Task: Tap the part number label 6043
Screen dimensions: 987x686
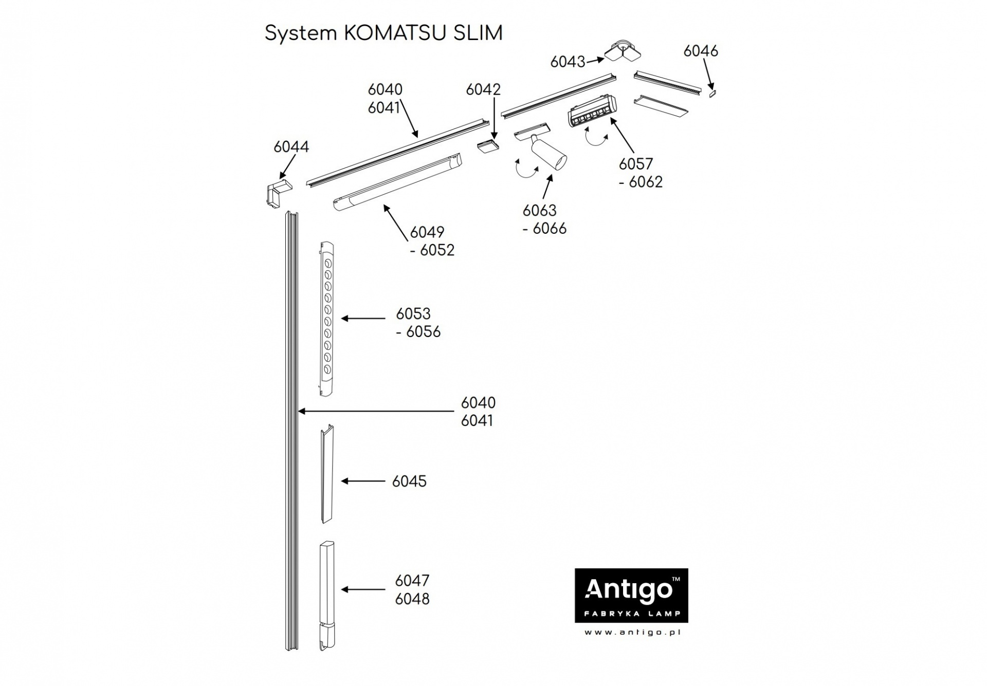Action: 568,62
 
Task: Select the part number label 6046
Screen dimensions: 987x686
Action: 701,51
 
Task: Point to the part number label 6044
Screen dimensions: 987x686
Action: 291,147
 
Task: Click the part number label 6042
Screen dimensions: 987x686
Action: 483,89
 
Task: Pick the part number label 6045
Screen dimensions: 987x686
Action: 409,481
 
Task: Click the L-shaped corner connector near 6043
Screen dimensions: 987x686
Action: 623,51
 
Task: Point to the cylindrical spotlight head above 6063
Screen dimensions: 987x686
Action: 550,155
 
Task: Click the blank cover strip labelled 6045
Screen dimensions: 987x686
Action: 327,474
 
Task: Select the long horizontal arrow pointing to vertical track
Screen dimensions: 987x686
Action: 375,411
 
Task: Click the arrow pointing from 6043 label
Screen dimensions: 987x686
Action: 595,60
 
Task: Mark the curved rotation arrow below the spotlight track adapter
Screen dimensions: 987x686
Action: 527,170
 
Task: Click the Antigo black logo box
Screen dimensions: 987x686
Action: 631,596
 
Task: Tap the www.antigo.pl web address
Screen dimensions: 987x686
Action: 632,633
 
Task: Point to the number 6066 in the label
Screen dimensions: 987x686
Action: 550,229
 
